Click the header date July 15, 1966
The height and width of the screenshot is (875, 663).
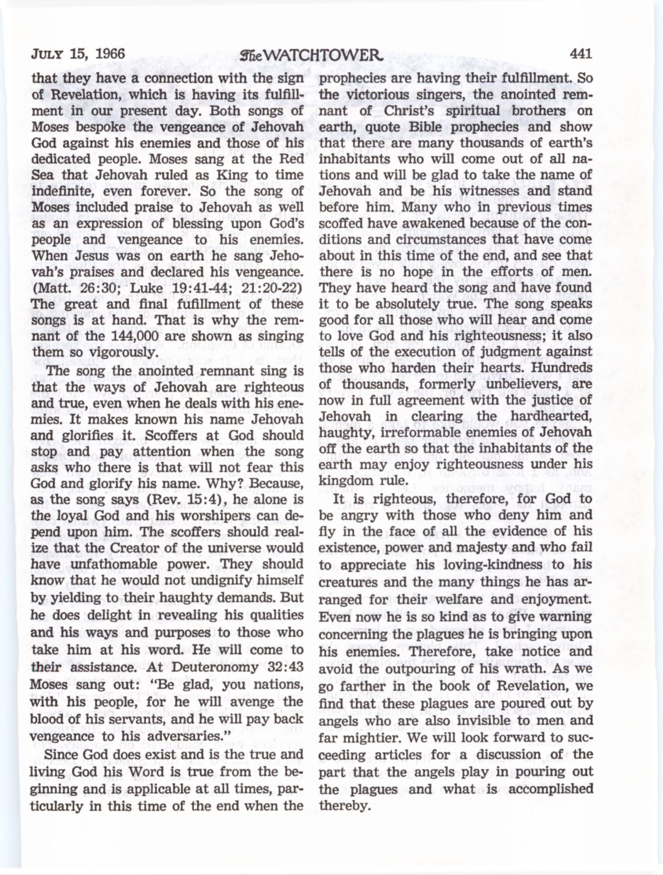[x=78, y=54]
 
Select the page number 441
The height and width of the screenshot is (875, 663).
[x=580, y=54]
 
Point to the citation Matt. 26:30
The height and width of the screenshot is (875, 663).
[x=75, y=288]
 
